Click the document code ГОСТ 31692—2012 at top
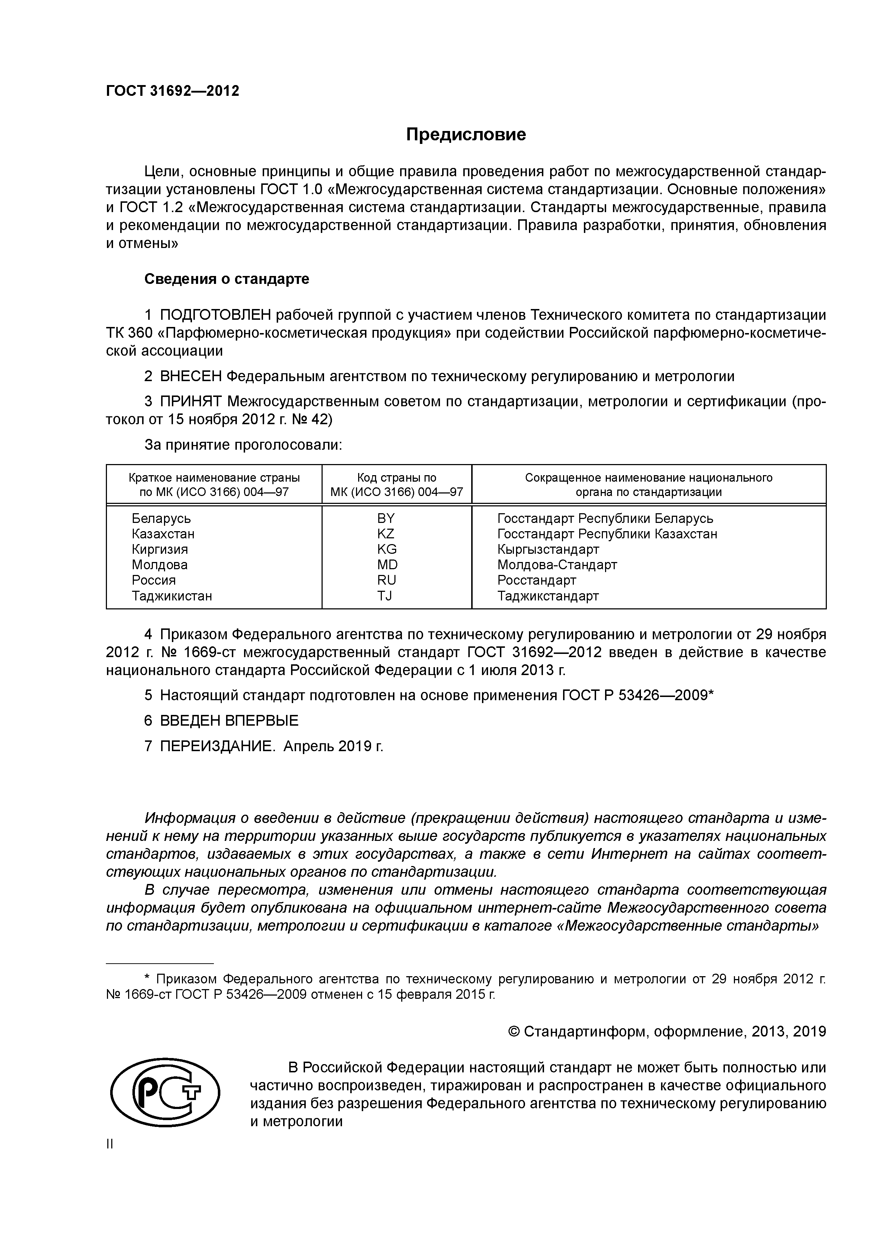click(173, 91)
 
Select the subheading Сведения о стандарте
click(226, 279)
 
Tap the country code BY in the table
click(386, 518)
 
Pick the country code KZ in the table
click(386, 534)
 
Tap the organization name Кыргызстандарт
click(548, 549)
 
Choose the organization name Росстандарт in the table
click(536, 580)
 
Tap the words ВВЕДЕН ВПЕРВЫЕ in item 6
click(229, 721)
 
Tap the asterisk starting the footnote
click(146, 978)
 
